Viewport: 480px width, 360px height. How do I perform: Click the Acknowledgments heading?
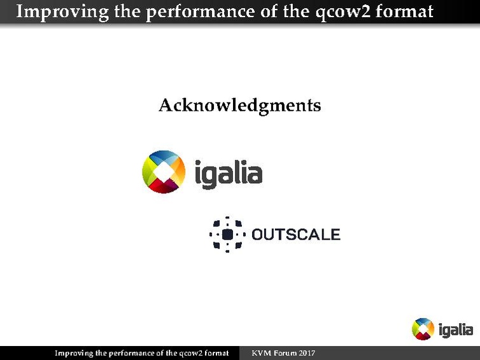tap(239, 105)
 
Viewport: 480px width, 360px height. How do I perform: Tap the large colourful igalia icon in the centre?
tap(164, 172)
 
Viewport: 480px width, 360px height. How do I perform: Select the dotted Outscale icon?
tap(227, 234)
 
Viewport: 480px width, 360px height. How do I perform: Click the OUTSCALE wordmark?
tap(296, 235)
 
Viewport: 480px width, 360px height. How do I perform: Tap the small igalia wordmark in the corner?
tap(455, 329)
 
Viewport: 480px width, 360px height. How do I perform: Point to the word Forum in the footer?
tap(285, 353)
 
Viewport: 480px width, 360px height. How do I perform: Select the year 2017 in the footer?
tap(307, 353)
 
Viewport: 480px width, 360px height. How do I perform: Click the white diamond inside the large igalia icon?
tap(164, 172)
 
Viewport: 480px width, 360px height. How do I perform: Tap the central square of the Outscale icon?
tap(227, 234)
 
